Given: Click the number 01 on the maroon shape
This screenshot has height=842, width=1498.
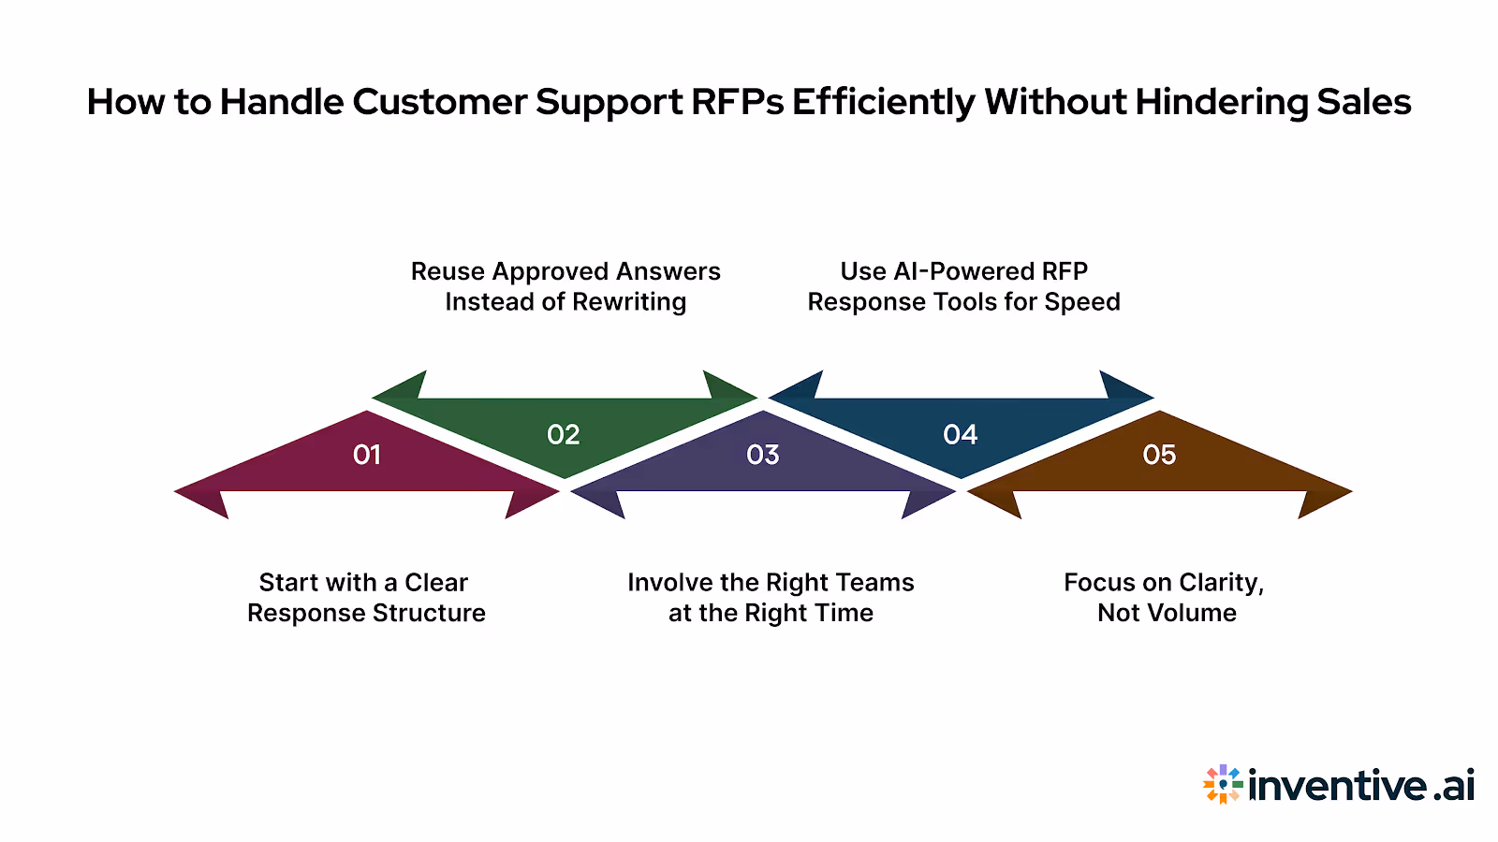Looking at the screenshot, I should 367,455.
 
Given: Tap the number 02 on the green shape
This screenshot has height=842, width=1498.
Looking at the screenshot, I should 564,435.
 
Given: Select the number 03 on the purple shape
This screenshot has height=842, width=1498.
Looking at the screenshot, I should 763,455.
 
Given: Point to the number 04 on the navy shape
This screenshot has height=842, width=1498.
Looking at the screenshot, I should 961,435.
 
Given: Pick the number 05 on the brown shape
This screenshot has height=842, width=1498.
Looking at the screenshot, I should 1159,455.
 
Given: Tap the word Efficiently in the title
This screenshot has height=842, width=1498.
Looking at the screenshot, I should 884,102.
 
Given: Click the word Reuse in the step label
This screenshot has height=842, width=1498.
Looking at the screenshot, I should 448,271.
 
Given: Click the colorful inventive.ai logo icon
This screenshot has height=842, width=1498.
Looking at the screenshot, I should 1223,784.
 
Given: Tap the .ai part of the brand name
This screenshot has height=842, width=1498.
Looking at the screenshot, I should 1453,785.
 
